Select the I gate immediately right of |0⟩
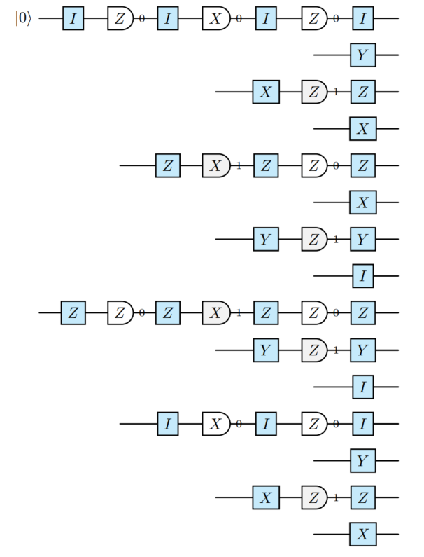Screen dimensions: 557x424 pos(73,19)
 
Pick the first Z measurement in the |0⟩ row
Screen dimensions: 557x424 pos(120,19)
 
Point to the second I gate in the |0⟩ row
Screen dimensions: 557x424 pos(168,19)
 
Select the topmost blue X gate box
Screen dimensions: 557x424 pos(266,92)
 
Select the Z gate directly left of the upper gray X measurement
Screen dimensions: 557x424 pos(168,166)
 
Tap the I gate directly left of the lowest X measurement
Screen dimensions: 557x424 pos(168,424)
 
